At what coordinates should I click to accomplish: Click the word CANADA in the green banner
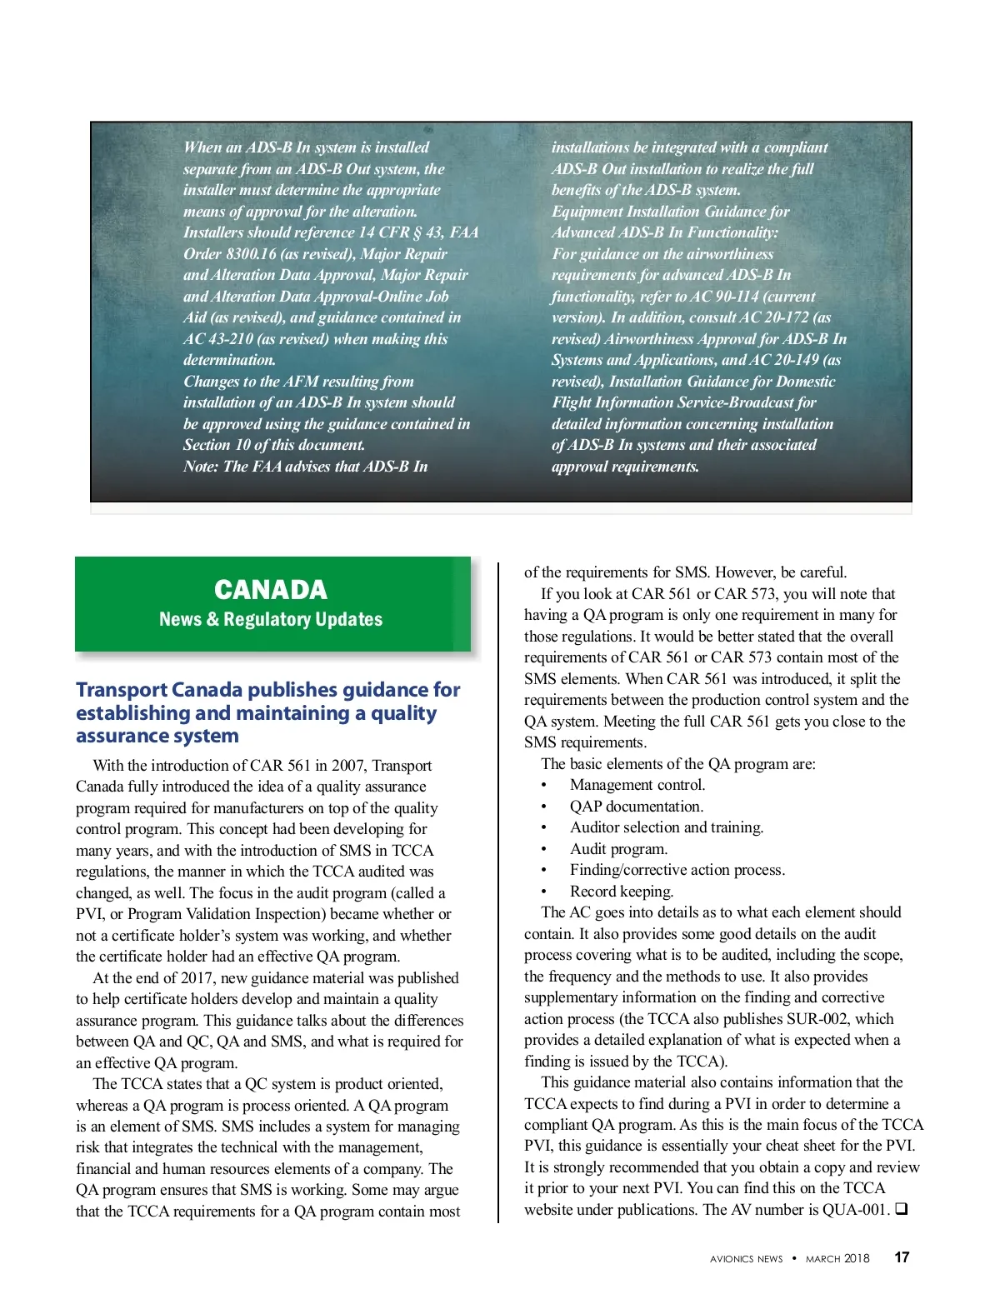(x=271, y=590)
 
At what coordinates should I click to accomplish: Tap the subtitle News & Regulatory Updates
(x=271, y=619)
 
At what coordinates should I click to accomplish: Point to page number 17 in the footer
(x=902, y=1257)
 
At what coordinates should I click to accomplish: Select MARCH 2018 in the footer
(x=837, y=1258)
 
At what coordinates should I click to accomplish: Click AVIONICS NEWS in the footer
(x=746, y=1259)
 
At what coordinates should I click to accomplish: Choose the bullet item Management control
(x=637, y=785)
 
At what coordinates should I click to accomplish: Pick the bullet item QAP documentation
(x=637, y=807)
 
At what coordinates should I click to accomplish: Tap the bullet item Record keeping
(x=622, y=892)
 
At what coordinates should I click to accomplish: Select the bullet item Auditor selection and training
(x=667, y=827)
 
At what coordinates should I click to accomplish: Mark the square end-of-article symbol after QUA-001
(x=901, y=1209)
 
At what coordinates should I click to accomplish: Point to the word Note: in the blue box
(x=201, y=467)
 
